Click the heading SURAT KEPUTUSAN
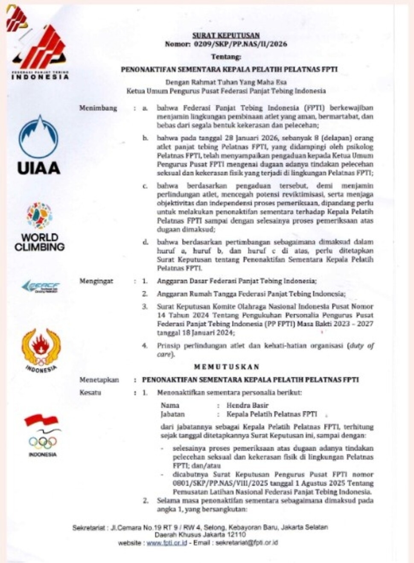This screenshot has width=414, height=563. (226, 35)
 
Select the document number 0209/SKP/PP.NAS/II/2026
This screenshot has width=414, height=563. (240, 44)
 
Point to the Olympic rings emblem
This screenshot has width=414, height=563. (42, 442)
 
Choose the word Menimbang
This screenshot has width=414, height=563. (98, 108)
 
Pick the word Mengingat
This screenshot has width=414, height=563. (96, 281)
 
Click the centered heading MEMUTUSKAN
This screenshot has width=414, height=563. (226, 367)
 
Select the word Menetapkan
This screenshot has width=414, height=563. (99, 379)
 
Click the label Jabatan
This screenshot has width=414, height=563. (172, 414)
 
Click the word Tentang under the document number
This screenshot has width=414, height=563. (226, 57)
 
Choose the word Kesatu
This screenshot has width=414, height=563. (90, 392)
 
